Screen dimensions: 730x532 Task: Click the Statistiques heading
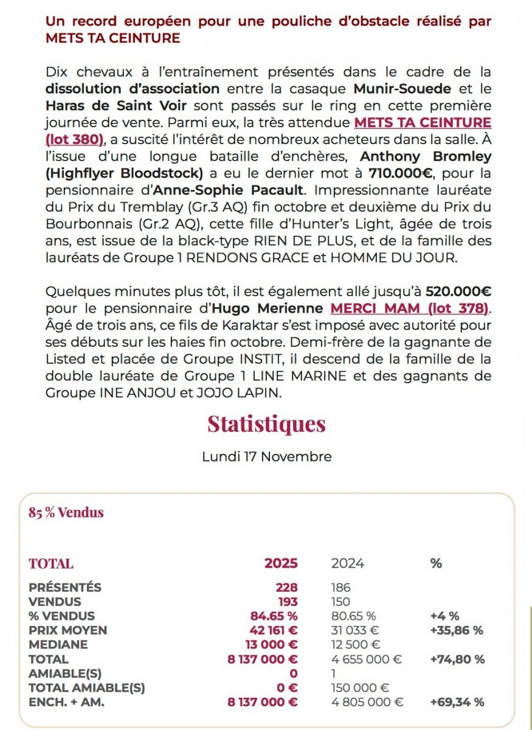(266, 424)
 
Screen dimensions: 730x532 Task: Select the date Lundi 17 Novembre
(266, 456)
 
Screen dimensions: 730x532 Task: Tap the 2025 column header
(281, 563)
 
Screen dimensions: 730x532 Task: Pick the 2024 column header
(347, 563)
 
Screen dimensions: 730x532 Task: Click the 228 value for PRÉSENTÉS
(286, 588)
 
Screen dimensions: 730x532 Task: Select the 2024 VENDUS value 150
(340, 602)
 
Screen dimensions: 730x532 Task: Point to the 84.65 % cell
(274, 616)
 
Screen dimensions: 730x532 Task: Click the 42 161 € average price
(274, 630)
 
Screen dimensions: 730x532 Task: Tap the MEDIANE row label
(58, 644)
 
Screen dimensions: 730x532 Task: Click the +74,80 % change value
(457, 659)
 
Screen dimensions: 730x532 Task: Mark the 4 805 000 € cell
(367, 701)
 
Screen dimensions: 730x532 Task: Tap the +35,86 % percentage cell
(456, 630)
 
